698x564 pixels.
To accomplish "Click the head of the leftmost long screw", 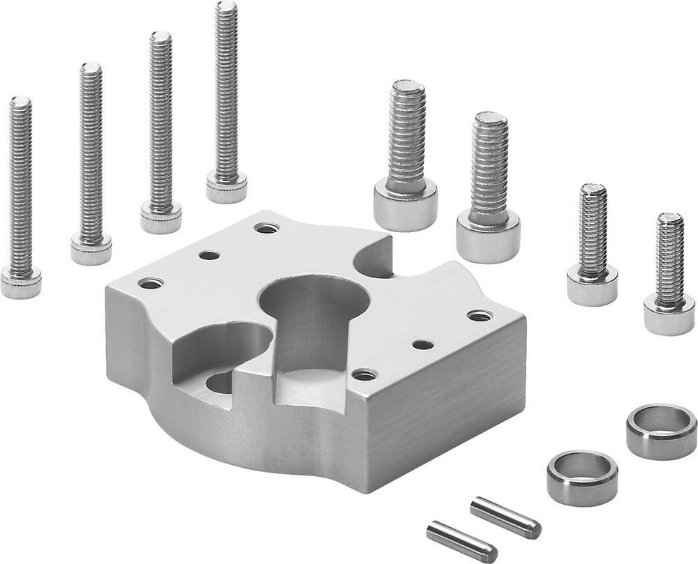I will (x=20, y=284).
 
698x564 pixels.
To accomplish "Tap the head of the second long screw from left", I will (x=91, y=250).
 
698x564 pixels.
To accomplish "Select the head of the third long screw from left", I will (x=161, y=218).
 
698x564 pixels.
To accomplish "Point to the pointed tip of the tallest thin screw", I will (x=226, y=7).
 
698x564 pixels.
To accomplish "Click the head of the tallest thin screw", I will (x=226, y=188).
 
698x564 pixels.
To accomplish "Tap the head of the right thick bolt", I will (x=488, y=236).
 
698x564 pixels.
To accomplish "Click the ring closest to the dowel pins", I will (x=582, y=477).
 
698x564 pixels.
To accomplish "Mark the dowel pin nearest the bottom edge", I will (x=461, y=541).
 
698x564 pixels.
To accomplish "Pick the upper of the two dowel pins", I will (x=505, y=516).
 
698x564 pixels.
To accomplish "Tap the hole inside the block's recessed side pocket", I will (x=221, y=381).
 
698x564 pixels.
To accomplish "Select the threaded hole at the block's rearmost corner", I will (x=266, y=227).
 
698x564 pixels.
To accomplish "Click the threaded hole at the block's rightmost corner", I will (x=479, y=316).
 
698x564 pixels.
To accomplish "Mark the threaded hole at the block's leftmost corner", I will (x=151, y=283).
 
